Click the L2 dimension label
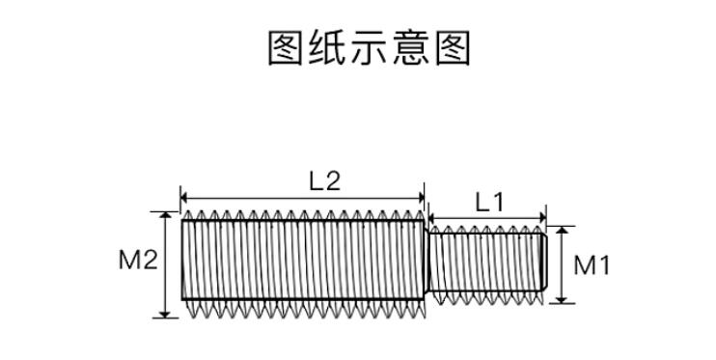click(x=325, y=181)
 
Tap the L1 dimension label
click(x=490, y=203)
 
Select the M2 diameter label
click(x=138, y=260)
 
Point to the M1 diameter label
click(x=592, y=265)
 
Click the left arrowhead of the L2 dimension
click(x=184, y=198)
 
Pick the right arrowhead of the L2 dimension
click(x=421, y=198)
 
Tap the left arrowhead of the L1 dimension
click(x=433, y=218)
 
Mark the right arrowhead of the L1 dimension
click(x=542, y=218)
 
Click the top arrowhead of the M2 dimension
click(x=165, y=215)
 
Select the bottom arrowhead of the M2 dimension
click(x=165, y=314)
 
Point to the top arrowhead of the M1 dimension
click(x=562, y=230)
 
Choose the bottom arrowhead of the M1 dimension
click(x=562, y=299)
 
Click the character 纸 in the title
click(x=326, y=48)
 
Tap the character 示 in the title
click(x=368, y=48)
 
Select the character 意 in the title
click(x=410, y=48)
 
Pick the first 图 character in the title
click(x=285, y=48)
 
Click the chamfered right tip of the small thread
click(x=544, y=262)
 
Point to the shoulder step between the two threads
click(x=427, y=261)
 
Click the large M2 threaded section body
click(x=303, y=260)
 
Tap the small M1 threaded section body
click(x=487, y=262)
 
